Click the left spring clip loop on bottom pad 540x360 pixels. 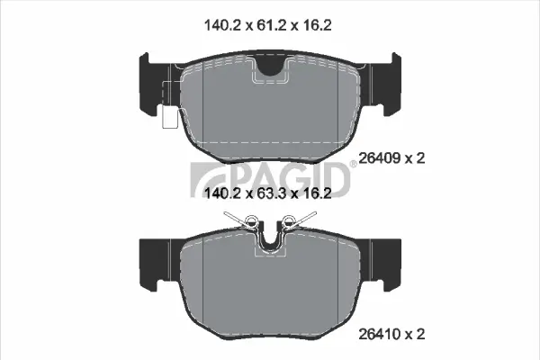[252, 221]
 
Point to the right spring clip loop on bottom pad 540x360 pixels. [290, 221]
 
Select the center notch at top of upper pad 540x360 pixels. [270, 66]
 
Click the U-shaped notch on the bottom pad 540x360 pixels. [270, 241]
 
